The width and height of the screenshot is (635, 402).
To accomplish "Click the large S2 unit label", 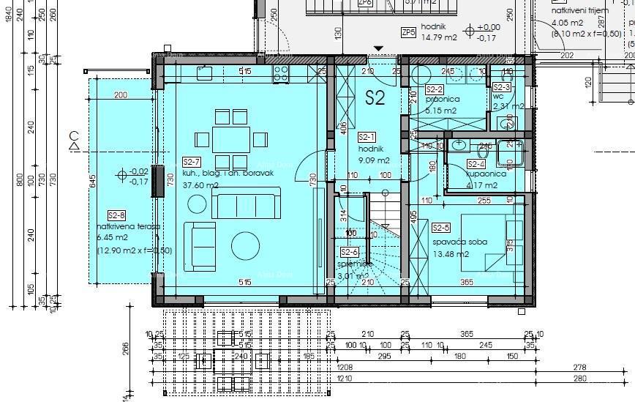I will [x=375, y=99].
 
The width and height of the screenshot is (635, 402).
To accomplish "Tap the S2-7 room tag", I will [x=192, y=162].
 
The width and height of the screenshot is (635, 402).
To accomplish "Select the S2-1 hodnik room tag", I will [x=367, y=137].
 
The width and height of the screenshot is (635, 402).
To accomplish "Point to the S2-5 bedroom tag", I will [x=441, y=228].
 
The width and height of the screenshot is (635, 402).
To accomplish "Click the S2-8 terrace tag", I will [x=116, y=215].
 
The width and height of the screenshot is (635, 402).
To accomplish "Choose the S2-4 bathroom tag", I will [x=476, y=165].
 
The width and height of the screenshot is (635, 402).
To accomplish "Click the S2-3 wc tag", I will [x=502, y=88].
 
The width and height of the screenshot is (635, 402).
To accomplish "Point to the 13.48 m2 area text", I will [x=449, y=254].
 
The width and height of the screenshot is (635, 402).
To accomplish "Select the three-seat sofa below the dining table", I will [x=245, y=204].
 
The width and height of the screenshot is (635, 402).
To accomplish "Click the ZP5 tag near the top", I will [x=408, y=32].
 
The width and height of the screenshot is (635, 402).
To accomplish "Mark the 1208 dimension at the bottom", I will [x=345, y=368].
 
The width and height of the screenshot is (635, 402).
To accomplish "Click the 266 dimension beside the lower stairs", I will [x=126, y=347].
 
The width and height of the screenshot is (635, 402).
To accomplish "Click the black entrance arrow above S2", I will [x=378, y=49].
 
